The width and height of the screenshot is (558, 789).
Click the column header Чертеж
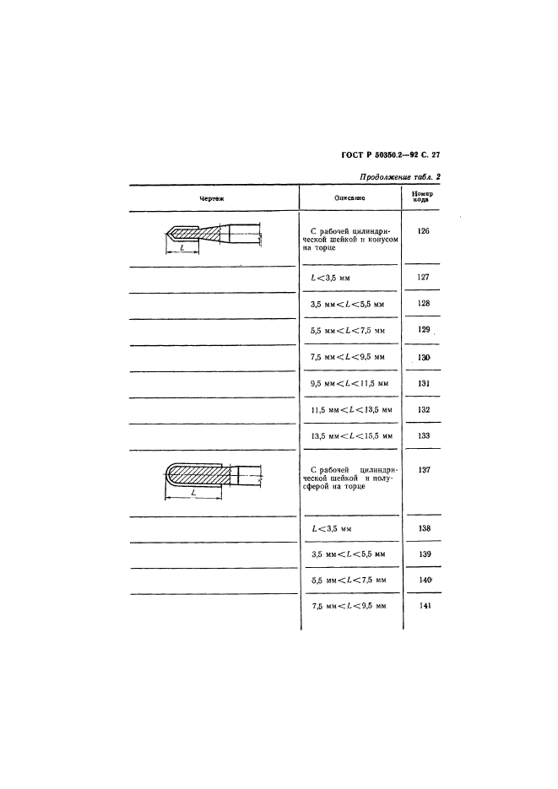coord(212,199)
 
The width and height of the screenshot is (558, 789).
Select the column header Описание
coord(349,198)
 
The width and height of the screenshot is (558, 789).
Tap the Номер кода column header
coord(421,197)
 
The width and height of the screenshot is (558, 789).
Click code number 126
coord(424,231)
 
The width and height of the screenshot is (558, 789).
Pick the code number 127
coord(424,278)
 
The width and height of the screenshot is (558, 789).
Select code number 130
coord(424,357)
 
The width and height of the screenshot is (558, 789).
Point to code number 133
coord(424,435)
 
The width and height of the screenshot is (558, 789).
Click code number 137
coord(424,470)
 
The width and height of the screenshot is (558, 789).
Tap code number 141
coord(425,606)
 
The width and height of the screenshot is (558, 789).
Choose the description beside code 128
coord(347,305)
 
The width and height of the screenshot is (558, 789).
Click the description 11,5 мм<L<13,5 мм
coord(351,410)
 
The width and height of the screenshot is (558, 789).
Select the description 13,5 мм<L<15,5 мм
coord(351,436)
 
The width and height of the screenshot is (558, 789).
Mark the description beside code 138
coord(332,529)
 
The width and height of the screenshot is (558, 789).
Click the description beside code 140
coord(349,581)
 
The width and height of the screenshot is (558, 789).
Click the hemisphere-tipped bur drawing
coord(214,480)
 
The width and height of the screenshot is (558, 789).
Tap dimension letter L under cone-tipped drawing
coord(182,248)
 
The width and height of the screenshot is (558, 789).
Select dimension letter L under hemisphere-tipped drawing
coord(193,493)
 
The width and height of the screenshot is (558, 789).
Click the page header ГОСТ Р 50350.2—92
coord(380,155)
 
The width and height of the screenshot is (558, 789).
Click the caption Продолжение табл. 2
coord(400,177)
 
